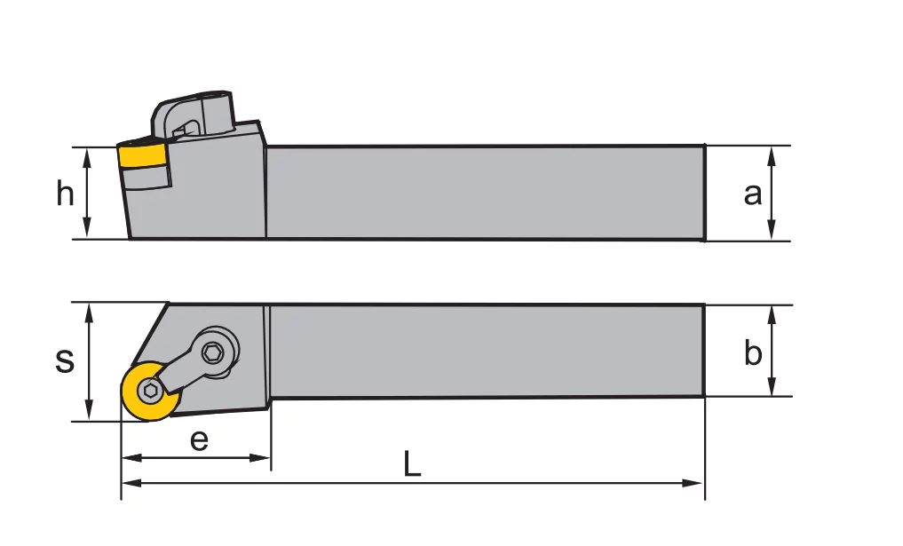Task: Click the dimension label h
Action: [x=65, y=193]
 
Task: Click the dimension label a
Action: [x=753, y=193]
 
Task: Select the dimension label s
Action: [x=64, y=360]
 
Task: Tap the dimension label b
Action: [x=753, y=353]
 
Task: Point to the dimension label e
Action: [x=199, y=439]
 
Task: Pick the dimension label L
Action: [x=412, y=464]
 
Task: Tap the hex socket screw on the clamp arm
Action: [x=214, y=352]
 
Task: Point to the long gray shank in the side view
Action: [x=484, y=192]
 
